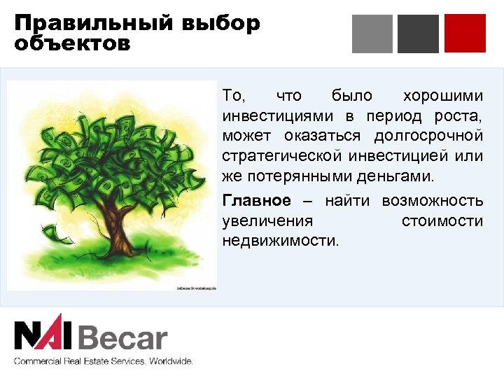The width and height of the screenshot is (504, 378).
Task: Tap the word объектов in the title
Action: pyautogui.click(x=71, y=44)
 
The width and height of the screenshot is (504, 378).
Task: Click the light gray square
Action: pyautogui.click(x=372, y=33)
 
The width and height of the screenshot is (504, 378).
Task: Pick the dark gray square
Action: pyautogui.click(x=418, y=33)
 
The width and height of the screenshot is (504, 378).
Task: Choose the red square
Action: pyautogui.click(x=464, y=33)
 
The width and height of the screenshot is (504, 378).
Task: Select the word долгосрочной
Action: pyautogui.click(x=429, y=134)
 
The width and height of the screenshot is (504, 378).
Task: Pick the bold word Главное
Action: pyautogui.click(x=256, y=201)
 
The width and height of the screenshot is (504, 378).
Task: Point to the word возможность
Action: pyautogui.click(x=432, y=201)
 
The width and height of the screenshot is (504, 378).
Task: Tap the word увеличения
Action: pyautogui.click(x=267, y=221)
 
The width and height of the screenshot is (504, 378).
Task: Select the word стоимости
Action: pyautogui.click(x=442, y=221)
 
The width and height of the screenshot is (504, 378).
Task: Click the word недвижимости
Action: pyautogui.click(x=279, y=241)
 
